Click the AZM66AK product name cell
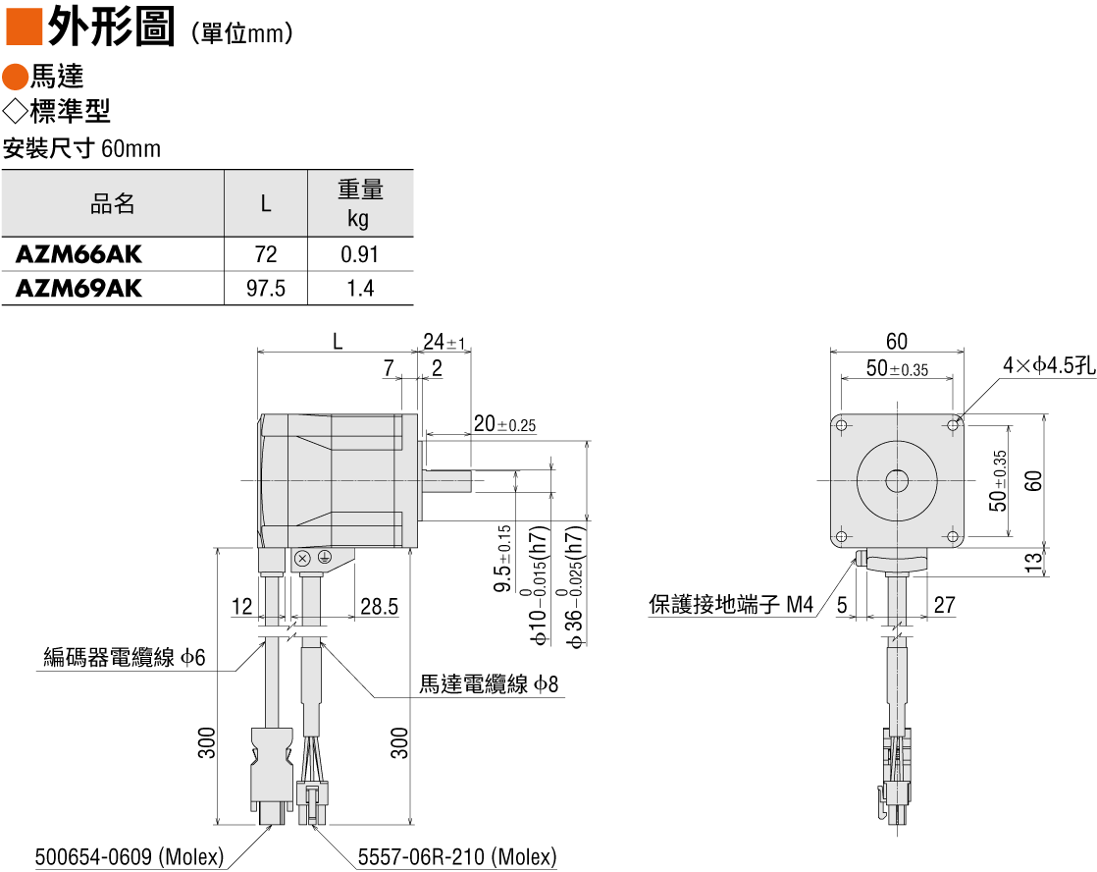click(78, 253)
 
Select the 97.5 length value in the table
click(266, 288)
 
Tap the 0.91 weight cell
click(359, 253)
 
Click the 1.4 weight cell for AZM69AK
click(360, 288)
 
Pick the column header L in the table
click(266, 203)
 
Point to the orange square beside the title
click(24, 26)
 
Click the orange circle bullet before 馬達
click(15, 77)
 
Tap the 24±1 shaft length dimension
click(444, 342)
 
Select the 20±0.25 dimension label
click(504, 424)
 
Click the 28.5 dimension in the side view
click(379, 606)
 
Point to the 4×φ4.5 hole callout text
click(1049, 365)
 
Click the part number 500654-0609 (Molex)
click(130, 856)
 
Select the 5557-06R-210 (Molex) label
click(457, 856)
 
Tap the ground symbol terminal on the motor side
click(324, 558)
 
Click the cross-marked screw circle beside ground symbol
click(302, 558)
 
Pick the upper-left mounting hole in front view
click(842, 425)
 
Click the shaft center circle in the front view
click(897, 481)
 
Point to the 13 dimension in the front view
click(1033, 563)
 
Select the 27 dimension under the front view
click(945, 605)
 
